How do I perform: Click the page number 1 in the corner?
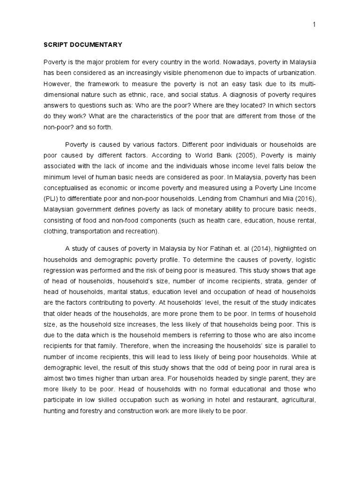click(x=314, y=25)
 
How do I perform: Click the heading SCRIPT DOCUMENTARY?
click(x=83, y=45)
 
